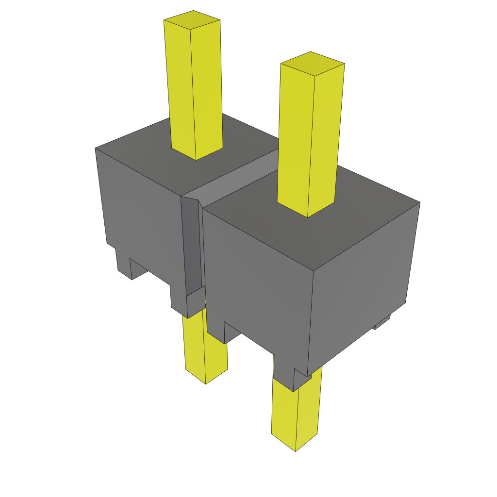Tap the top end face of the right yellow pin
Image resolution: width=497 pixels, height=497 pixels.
point(313,64)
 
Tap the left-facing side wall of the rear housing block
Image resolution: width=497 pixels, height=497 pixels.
point(141,214)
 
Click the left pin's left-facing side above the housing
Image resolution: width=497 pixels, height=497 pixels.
point(180,87)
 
